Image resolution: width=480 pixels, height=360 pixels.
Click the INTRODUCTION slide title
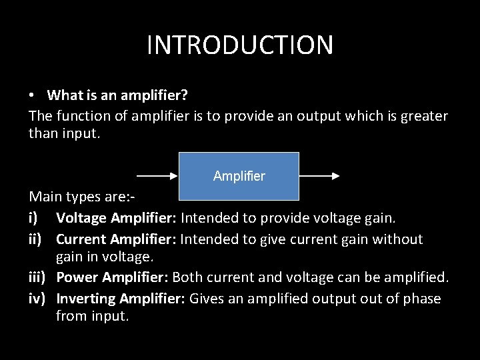(x=240, y=45)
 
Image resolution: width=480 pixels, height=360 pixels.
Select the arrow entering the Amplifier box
(x=157, y=177)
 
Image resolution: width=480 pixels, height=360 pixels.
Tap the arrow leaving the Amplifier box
(x=319, y=177)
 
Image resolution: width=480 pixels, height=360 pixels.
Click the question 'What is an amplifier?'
(x=117, y=95)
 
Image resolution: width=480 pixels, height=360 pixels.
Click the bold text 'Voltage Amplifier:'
(x=117, y=218)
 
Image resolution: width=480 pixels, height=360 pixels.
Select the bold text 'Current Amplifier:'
(x=117, y=239)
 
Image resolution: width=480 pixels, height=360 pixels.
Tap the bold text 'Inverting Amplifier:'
(x=121, y=298)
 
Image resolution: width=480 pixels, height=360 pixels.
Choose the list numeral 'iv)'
(x=37, y=298)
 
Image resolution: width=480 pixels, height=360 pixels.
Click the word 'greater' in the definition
(x=424, y=115)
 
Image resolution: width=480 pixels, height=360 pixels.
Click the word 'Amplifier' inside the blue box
(x=239, y=177)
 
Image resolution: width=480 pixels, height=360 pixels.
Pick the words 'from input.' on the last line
(x=92, y=316)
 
